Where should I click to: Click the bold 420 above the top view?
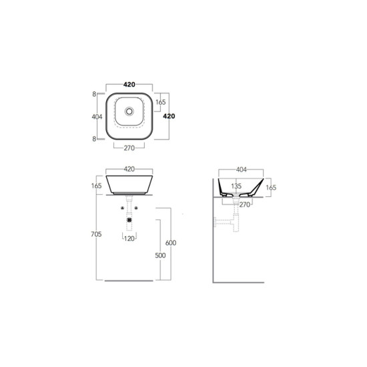[129, 85]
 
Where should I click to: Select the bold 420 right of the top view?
[169, 116]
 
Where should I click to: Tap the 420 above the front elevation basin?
[129, 169]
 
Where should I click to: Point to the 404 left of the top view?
[97, 117]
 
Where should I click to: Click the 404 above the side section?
[242, 169]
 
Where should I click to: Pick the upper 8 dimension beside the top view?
[94, 94]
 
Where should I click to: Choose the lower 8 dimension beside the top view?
[94, 139]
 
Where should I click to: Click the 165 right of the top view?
[161, 102]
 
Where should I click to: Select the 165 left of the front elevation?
[97, 186]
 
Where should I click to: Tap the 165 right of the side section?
[271, 188]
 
